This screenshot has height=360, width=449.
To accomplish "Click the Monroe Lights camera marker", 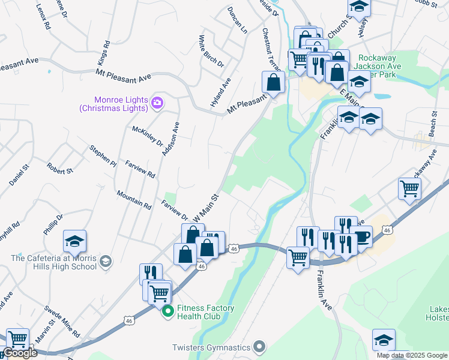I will tap(157, 103).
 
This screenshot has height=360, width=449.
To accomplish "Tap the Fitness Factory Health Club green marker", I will tap(167, 311).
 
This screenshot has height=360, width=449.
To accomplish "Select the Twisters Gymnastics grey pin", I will tap(259, 346).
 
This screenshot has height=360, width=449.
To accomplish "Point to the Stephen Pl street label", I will tap(103, 154).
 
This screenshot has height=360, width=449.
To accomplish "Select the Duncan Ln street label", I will tap(237, 19).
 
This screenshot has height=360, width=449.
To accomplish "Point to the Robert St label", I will tap(60, 170).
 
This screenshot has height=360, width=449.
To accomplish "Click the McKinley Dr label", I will tap(148, 136).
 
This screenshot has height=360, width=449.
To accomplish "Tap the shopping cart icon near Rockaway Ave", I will tap(409, 188).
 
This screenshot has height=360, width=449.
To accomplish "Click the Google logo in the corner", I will tap(20, 353).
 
